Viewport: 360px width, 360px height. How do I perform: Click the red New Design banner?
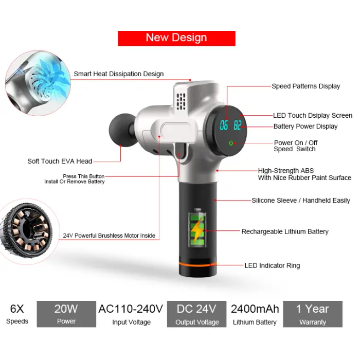point(176,38)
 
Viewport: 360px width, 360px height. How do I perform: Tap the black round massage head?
point(121,131)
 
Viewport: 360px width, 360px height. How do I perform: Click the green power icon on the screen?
point(231,143)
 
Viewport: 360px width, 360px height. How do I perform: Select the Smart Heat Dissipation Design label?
point(118,74)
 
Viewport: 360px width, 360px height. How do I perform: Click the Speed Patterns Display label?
point(305,86)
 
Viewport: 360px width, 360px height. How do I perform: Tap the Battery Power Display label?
point(305,127)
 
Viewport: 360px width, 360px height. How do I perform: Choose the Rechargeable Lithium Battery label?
point(285,232)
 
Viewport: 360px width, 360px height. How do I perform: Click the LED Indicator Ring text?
point(272,266)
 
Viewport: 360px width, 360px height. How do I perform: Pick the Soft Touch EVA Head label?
point(60,161)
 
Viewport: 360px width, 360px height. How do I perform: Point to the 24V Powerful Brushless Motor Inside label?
point(109,236)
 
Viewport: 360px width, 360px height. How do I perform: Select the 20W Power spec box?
point(66,314)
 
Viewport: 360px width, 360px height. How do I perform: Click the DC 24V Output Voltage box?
point(197,314)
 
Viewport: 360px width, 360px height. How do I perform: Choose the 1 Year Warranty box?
point(313,314)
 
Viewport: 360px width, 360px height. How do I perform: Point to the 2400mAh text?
point(255,309)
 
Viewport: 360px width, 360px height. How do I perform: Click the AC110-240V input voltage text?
point(131,309)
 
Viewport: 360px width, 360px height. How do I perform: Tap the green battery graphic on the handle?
point(197,227)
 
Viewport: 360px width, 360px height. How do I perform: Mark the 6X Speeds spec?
point(17,314)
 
